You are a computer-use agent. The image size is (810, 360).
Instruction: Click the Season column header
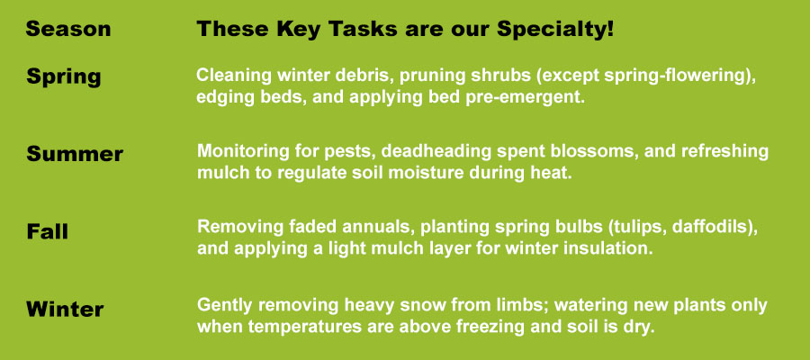68,29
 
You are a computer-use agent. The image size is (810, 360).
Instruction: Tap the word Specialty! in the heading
555,30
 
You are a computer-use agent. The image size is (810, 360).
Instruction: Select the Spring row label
64,77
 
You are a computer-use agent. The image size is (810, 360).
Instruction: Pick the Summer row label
75,154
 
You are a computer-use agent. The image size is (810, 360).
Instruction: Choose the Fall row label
47,231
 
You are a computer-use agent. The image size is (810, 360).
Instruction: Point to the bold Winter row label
65,309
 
